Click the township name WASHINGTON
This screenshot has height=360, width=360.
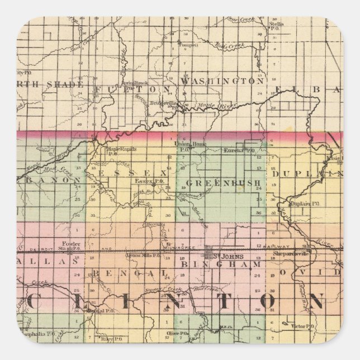point(221,82)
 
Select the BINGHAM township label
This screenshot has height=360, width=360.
point(221,263)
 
